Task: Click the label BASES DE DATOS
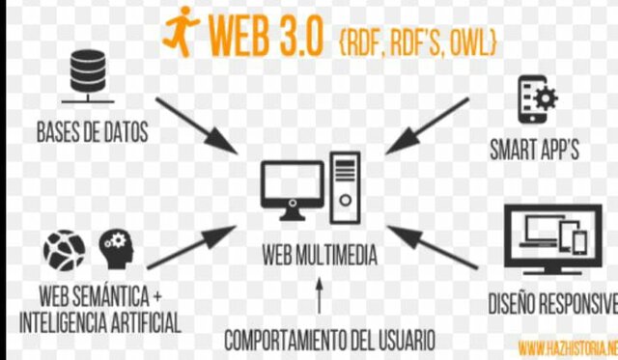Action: pos(93,133)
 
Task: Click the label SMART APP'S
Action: pos(534,151)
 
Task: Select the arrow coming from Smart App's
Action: pos(425,125)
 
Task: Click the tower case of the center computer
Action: pos(345,185)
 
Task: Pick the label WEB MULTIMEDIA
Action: pos(320,258)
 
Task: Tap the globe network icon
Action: pos(64,250)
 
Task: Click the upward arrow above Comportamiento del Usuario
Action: pos(320,294)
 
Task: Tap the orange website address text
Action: pos(567,346)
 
